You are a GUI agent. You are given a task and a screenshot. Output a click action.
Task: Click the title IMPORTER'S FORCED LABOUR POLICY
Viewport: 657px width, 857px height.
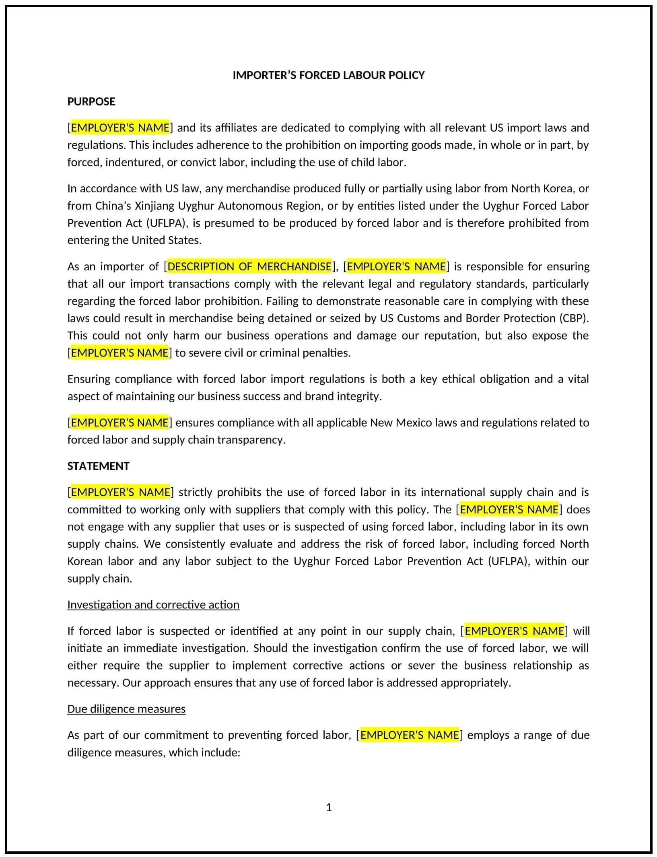(x=328, y=75)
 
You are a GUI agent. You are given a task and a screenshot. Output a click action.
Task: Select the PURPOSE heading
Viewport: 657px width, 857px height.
(x=91, y=101)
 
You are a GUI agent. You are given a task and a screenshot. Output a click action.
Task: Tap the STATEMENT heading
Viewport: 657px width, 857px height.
(x=98, y=466)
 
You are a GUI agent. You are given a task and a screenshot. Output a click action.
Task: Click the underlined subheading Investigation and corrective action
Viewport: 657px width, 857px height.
(x=153, y=605)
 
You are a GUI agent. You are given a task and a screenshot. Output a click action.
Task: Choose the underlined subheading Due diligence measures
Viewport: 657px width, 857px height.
(x=126, y=709)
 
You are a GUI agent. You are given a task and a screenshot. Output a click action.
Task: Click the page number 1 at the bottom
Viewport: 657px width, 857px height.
(x=329, y=808)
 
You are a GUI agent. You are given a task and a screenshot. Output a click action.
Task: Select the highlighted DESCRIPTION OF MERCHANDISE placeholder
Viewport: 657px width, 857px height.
(x=249, y=266)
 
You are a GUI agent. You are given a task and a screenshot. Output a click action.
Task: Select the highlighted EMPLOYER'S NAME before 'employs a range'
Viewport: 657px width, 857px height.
(x=409, y=735)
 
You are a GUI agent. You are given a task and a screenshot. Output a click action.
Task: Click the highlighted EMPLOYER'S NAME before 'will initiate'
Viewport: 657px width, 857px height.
(x=514, y=631)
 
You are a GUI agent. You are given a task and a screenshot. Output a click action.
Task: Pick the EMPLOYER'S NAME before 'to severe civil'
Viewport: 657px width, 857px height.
(x=119, y=353)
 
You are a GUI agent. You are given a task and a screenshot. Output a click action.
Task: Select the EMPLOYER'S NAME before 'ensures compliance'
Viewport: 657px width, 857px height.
(x=119, y=422)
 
